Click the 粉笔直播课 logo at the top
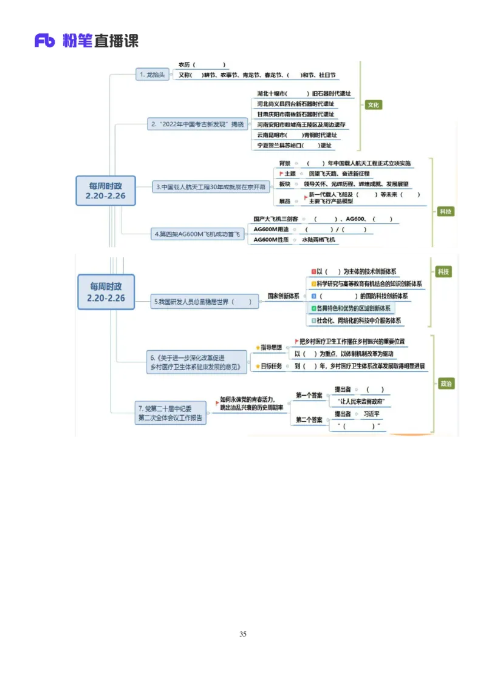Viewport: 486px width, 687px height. click(x=85, y=41)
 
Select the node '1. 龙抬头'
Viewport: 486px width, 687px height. click(x=152, y=75)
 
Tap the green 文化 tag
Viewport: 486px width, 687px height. click(x=374, y=105)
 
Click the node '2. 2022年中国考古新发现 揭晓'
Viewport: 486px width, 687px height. click(x=197, y=124)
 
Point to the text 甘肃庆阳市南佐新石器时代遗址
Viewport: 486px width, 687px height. click(x=295, y=114)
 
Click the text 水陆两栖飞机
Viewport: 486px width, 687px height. click(x=319, y=240)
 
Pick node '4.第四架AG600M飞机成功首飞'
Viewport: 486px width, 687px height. click(x=197, y=233)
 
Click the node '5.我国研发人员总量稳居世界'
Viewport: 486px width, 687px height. click(x=202, y=302)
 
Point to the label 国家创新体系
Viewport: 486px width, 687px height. click(x=283, y=296)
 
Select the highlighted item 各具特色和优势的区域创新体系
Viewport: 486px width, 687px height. click(x=352, y=308)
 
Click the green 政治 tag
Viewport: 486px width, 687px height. click(x=447, y=384)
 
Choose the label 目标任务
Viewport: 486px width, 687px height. click(x=271, y=366)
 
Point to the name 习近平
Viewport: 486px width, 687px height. click(x=371, y=414)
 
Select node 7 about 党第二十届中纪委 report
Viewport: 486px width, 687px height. click(x=171, y=413)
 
